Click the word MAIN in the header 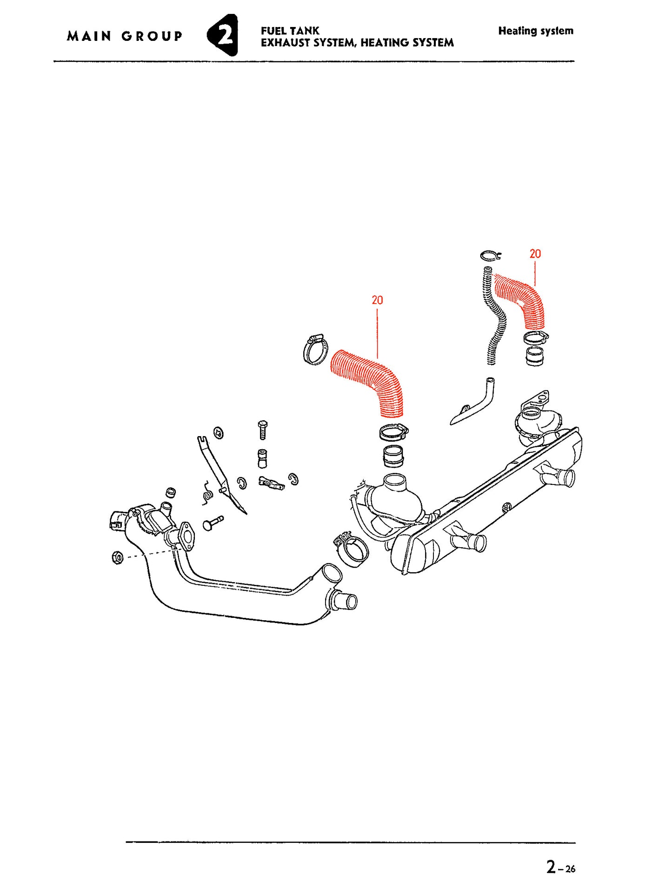tap(89, 36)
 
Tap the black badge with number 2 tap(223, 35)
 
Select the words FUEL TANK tap(290, 31)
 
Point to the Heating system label tap(536, 31)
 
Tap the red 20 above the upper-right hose tap(535, 254)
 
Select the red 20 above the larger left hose tap(377, 300)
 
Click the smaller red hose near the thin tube tap(522, 298)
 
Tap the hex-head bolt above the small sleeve tap(263, 430)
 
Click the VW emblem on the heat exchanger tap(507, 506)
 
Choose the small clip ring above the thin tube tap(490, 255)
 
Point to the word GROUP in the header tap(152, 36)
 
